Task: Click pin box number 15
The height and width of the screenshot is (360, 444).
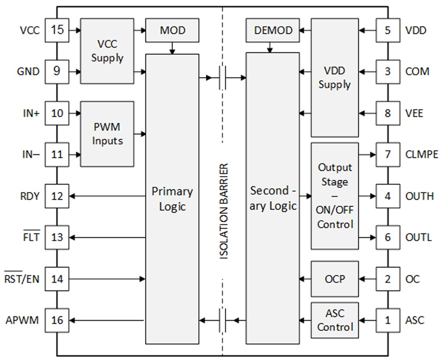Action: coord(57,30)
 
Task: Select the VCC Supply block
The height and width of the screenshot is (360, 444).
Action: coord(107,51)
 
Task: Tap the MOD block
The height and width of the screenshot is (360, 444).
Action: coord(172,30)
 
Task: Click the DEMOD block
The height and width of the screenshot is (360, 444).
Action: coord(272,30)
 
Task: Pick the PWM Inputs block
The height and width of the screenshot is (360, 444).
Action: coord(107,134)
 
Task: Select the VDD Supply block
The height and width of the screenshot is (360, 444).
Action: coord(334,78)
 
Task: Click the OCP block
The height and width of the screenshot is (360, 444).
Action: coord(334,279)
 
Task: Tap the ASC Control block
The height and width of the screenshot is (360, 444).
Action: coord(334,320)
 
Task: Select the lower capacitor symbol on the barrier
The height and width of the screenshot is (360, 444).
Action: coord(222,320)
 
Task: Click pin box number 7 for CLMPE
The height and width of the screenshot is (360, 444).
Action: coord(387,155)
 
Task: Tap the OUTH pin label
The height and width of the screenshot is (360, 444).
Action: coord(419,196)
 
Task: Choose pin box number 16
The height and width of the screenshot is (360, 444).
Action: coord(57,320)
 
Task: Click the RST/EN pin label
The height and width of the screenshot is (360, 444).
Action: coord(22,278)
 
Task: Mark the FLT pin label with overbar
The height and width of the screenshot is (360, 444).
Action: coord(31,237)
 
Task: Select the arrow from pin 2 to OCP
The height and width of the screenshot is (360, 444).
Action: coord(368,279)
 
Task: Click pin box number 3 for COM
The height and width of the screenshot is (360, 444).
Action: coord(387,72)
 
